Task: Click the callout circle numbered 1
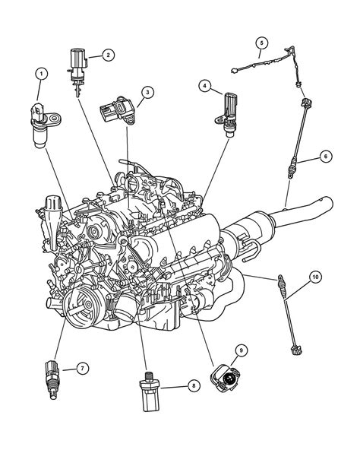point(41,74)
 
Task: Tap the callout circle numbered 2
point(109,55)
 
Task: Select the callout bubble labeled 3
point(147,93)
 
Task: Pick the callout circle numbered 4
point(204,87)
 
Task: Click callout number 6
point(324,157)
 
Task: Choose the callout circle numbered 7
point(78,369)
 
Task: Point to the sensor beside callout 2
point(77,62)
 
